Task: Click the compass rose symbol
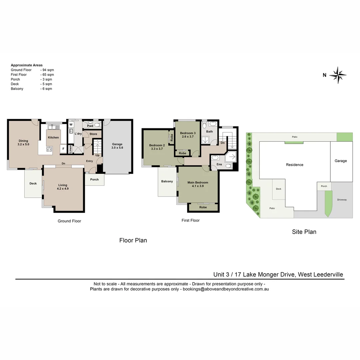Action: tap(338, 75)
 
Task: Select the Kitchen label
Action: tap(53, 137)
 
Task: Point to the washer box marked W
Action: tap(71, 125)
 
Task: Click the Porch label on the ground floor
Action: tap(94, 179)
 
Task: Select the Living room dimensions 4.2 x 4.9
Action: tap(63, 189)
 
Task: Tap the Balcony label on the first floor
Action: tap(167, 181)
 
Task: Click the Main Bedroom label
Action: tap(198, 182)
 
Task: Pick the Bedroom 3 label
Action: tap(188, 133)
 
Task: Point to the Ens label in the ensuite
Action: tap(219, 164)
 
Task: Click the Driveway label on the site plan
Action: tap(342, 200)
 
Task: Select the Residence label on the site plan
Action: tap(295, 165)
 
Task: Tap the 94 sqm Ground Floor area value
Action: tap(47, 70)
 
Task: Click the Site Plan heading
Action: tap(304, 232)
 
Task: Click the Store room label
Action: tap(93, 134)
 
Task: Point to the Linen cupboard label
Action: tap(70, 149)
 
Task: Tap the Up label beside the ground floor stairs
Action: tap(97, 155)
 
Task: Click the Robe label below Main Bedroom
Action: tap(203, 207)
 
